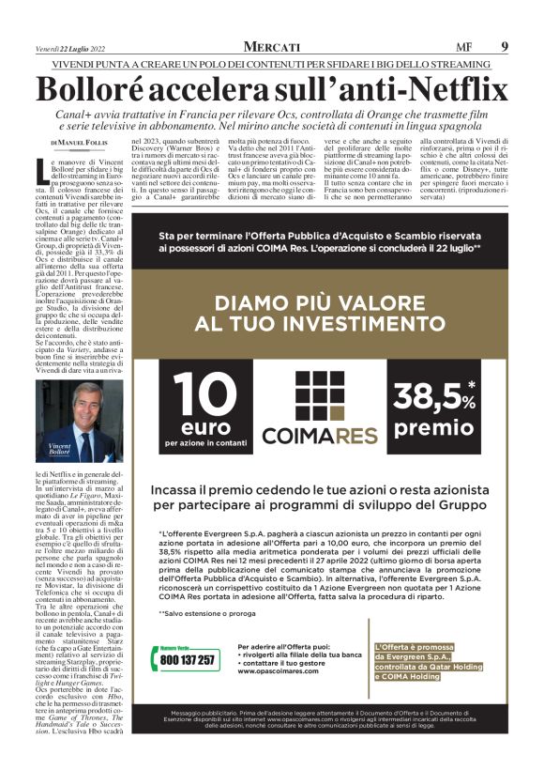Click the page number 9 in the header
coord(505,46)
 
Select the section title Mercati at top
coord(272,46)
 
